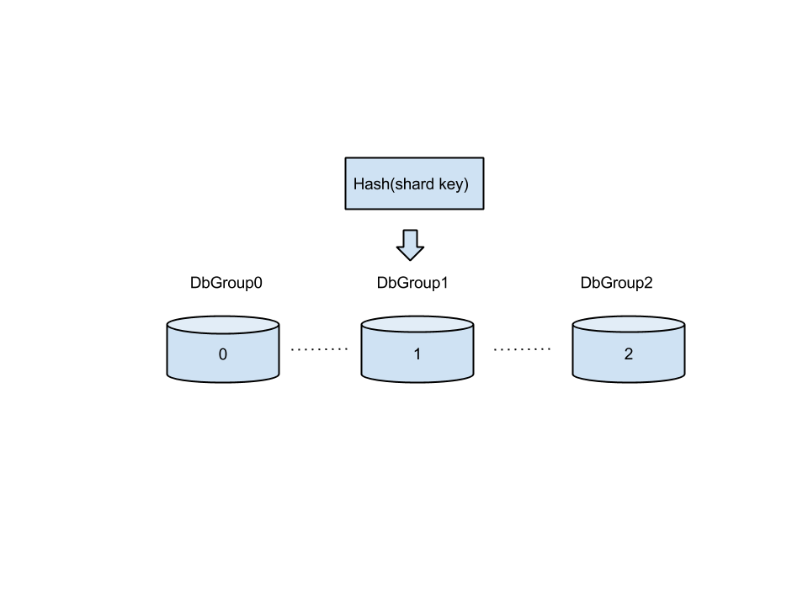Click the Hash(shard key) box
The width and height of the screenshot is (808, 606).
[414, 183]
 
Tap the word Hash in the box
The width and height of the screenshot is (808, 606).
[371, 184]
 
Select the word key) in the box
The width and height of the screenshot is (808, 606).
[454, 184]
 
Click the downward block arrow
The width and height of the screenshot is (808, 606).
[410, 245]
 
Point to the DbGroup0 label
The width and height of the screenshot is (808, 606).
[226, 283]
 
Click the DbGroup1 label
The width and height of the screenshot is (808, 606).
[412, 283]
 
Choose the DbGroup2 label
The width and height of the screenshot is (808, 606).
[616, 283]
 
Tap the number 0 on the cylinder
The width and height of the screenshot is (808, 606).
[222, 354]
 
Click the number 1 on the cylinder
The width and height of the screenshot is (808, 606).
[417, 354]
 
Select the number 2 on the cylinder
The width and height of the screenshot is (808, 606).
[629, 354]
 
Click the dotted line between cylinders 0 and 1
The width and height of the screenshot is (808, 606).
[320, 348]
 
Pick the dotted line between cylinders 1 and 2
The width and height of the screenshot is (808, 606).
[522, 348]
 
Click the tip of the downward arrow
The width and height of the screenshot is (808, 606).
[410, 261]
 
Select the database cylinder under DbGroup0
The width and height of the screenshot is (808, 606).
[223, 349]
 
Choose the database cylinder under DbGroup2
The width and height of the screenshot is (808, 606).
[629, 349]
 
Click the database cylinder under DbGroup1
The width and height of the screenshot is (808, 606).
[417, 349]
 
